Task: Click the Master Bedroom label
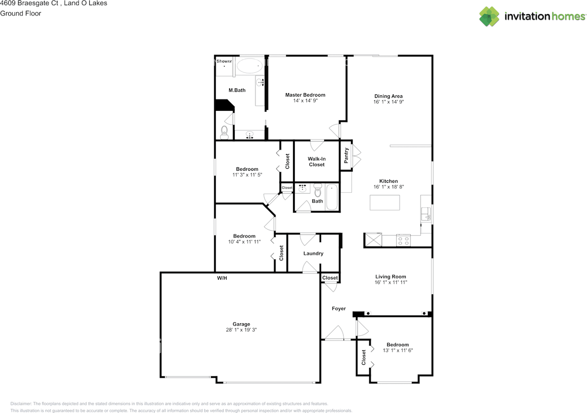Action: point(305,95)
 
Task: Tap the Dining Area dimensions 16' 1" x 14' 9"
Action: point(388,102)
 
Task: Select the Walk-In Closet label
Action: point(316,162)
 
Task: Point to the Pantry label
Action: point(346,156)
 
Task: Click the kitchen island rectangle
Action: point(385,202)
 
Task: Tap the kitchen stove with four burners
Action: point(403,240)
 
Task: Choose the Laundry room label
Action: point(313,253)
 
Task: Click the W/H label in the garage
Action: point(222,278)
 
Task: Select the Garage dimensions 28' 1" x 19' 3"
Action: point(241,330)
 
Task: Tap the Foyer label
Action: point(339,309)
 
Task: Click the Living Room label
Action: point(391,277)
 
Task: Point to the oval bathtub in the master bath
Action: point(250,65)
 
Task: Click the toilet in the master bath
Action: point(224,133)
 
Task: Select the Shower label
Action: point(224,61)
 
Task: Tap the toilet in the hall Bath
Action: point(318,190)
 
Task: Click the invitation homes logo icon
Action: point(489,16)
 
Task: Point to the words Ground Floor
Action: point(21,13)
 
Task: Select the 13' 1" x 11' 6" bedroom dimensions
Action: point(398,350)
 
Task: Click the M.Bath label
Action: point(237,90)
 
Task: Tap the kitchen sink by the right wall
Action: point(426,214)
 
